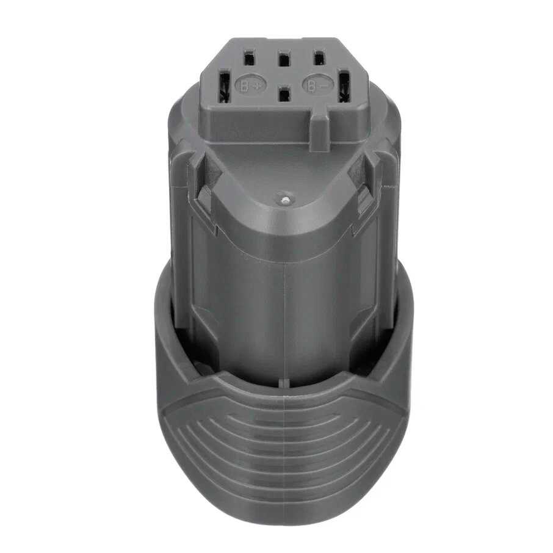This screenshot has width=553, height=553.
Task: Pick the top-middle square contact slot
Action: point(283,60)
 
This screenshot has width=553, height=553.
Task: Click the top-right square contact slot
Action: point(317,59)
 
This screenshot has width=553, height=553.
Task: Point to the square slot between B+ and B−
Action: point(283,95)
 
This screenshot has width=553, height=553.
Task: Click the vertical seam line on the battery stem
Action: point(284,305)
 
